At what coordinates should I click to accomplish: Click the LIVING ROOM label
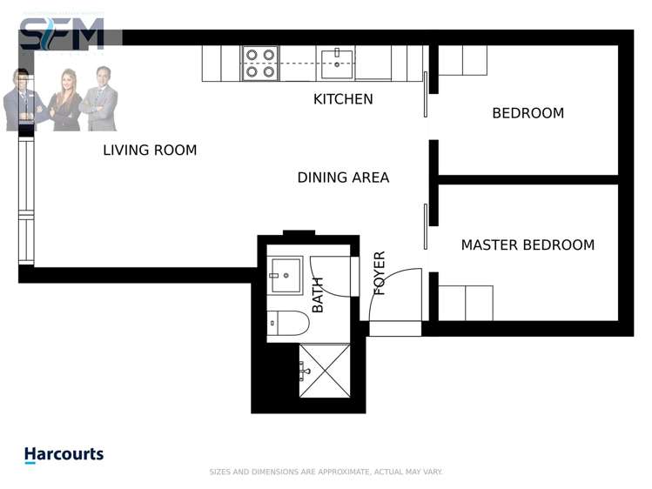tap(150, 150)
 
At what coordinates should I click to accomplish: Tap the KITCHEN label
tap(343, 99)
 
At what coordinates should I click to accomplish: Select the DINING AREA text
tap(343, 178)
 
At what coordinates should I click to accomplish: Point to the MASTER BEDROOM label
tap(528, 245)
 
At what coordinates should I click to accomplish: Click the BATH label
tap(318, 295)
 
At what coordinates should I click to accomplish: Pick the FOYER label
tap(380, 273)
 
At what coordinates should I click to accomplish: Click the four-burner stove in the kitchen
tap(259, 64)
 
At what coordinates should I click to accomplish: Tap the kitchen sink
tap(336, 63)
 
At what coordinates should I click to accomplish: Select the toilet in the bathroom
tap(287, 323)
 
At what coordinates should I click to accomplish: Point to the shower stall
tap(324, 371)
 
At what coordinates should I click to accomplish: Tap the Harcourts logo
tap(64, 454)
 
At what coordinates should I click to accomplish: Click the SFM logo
tap(62, 36)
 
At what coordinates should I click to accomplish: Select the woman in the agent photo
tap(65, 100)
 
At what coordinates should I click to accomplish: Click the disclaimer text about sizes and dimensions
tap(326, 472)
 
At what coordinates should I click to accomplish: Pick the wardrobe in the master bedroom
tap(465, 303)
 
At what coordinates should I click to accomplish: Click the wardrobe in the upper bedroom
tap(462, 60)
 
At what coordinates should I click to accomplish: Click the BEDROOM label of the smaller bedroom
tap(528, 113)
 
